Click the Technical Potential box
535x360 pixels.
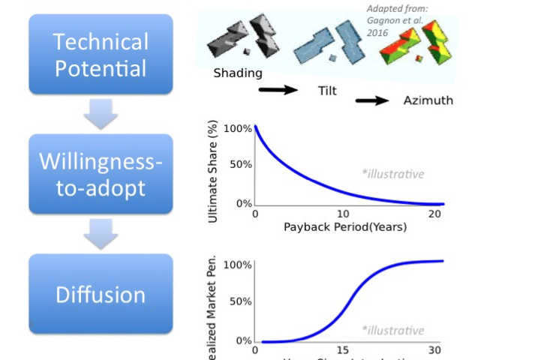pyautogui.click(x=101, y=55)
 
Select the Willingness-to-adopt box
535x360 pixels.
pyautogui.click(x=101, y=174)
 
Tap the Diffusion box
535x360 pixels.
pyautogui.click(x=101, y=294)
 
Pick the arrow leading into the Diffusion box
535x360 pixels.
pyautogui.click(x=100, y=233)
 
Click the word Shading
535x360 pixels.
pyautogui.click(x=238, y=73)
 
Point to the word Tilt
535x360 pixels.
pyautogui.click(x=326, y=90)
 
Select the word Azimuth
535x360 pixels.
pyautogui.click(x=428, y=100)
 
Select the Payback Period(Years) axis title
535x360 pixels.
pyautogui.click(x=345, y=226)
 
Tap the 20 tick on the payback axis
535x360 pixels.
pyautogui.click(x=434, y=214)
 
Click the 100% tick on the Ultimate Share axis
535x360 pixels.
pyautogui.click(x=238, y=128)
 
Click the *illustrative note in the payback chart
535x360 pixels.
pyautogui.click(x=392, y=174)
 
